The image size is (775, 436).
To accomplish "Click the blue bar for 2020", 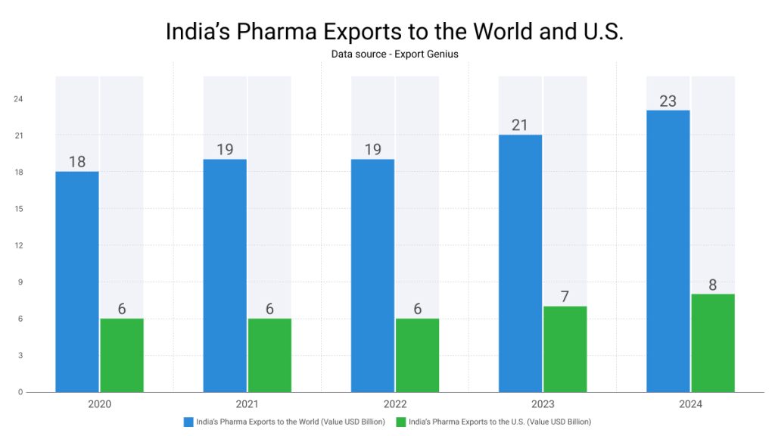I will [x=77, y=282].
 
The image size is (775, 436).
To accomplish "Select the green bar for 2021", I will [x=269, y=355].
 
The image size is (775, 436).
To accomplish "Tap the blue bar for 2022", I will [x=372, y=276].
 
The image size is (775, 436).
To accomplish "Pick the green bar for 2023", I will [x=565, y=349].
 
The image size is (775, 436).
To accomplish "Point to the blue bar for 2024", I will [x=668, y=251].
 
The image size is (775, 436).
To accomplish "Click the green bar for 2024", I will [x=713, y=343].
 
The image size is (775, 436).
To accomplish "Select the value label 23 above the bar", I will [x=668, y=101].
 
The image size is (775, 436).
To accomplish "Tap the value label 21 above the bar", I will [x=519, y=125].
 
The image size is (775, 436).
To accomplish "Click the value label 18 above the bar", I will [x=77, y=162].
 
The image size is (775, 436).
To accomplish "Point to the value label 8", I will [x=713, y=285].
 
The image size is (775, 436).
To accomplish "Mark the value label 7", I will [x=565, y=297].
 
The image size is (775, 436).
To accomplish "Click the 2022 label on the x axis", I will [x=395, y=404].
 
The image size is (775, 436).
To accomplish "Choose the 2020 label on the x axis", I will [x=99, y=404].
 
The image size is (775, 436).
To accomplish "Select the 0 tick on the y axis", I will [x=20, y=392].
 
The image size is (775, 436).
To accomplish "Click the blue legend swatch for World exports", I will [x=188, y=422].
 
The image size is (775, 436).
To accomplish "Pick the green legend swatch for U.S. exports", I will [x=401, y=422].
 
